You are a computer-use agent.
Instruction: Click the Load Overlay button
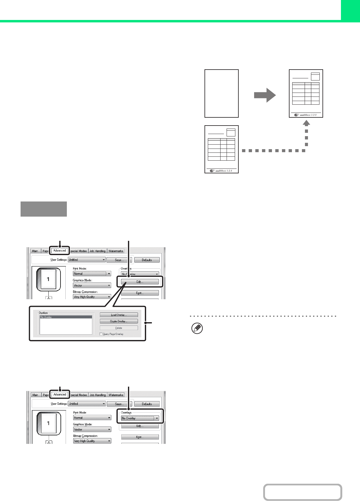(119, 315)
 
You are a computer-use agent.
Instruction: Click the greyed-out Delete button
(119, 328)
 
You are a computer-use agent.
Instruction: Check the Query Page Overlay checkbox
(101, 334)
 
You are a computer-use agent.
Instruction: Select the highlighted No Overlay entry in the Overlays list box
(66, 317)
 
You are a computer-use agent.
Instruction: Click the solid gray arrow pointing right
(265, 95)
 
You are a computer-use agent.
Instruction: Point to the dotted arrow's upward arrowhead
(306, 123)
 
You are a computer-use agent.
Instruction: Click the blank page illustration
(221, 93)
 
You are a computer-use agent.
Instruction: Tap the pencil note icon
(197, 329)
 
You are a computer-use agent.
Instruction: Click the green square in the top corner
(350, 10)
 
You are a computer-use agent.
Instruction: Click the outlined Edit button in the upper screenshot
(140, 282)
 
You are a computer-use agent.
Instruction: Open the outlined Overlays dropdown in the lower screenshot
(140, 418)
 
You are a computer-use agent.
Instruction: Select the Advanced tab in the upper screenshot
(60, 250)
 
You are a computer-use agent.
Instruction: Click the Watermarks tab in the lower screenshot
(116, 395)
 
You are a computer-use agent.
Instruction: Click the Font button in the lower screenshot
(140, 437)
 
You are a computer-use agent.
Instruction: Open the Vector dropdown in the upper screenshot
(92, 285)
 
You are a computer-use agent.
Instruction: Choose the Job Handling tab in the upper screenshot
(97, 251)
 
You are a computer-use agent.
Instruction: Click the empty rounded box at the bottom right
(303, 492)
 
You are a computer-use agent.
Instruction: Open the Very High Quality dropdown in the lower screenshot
(92, 441)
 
